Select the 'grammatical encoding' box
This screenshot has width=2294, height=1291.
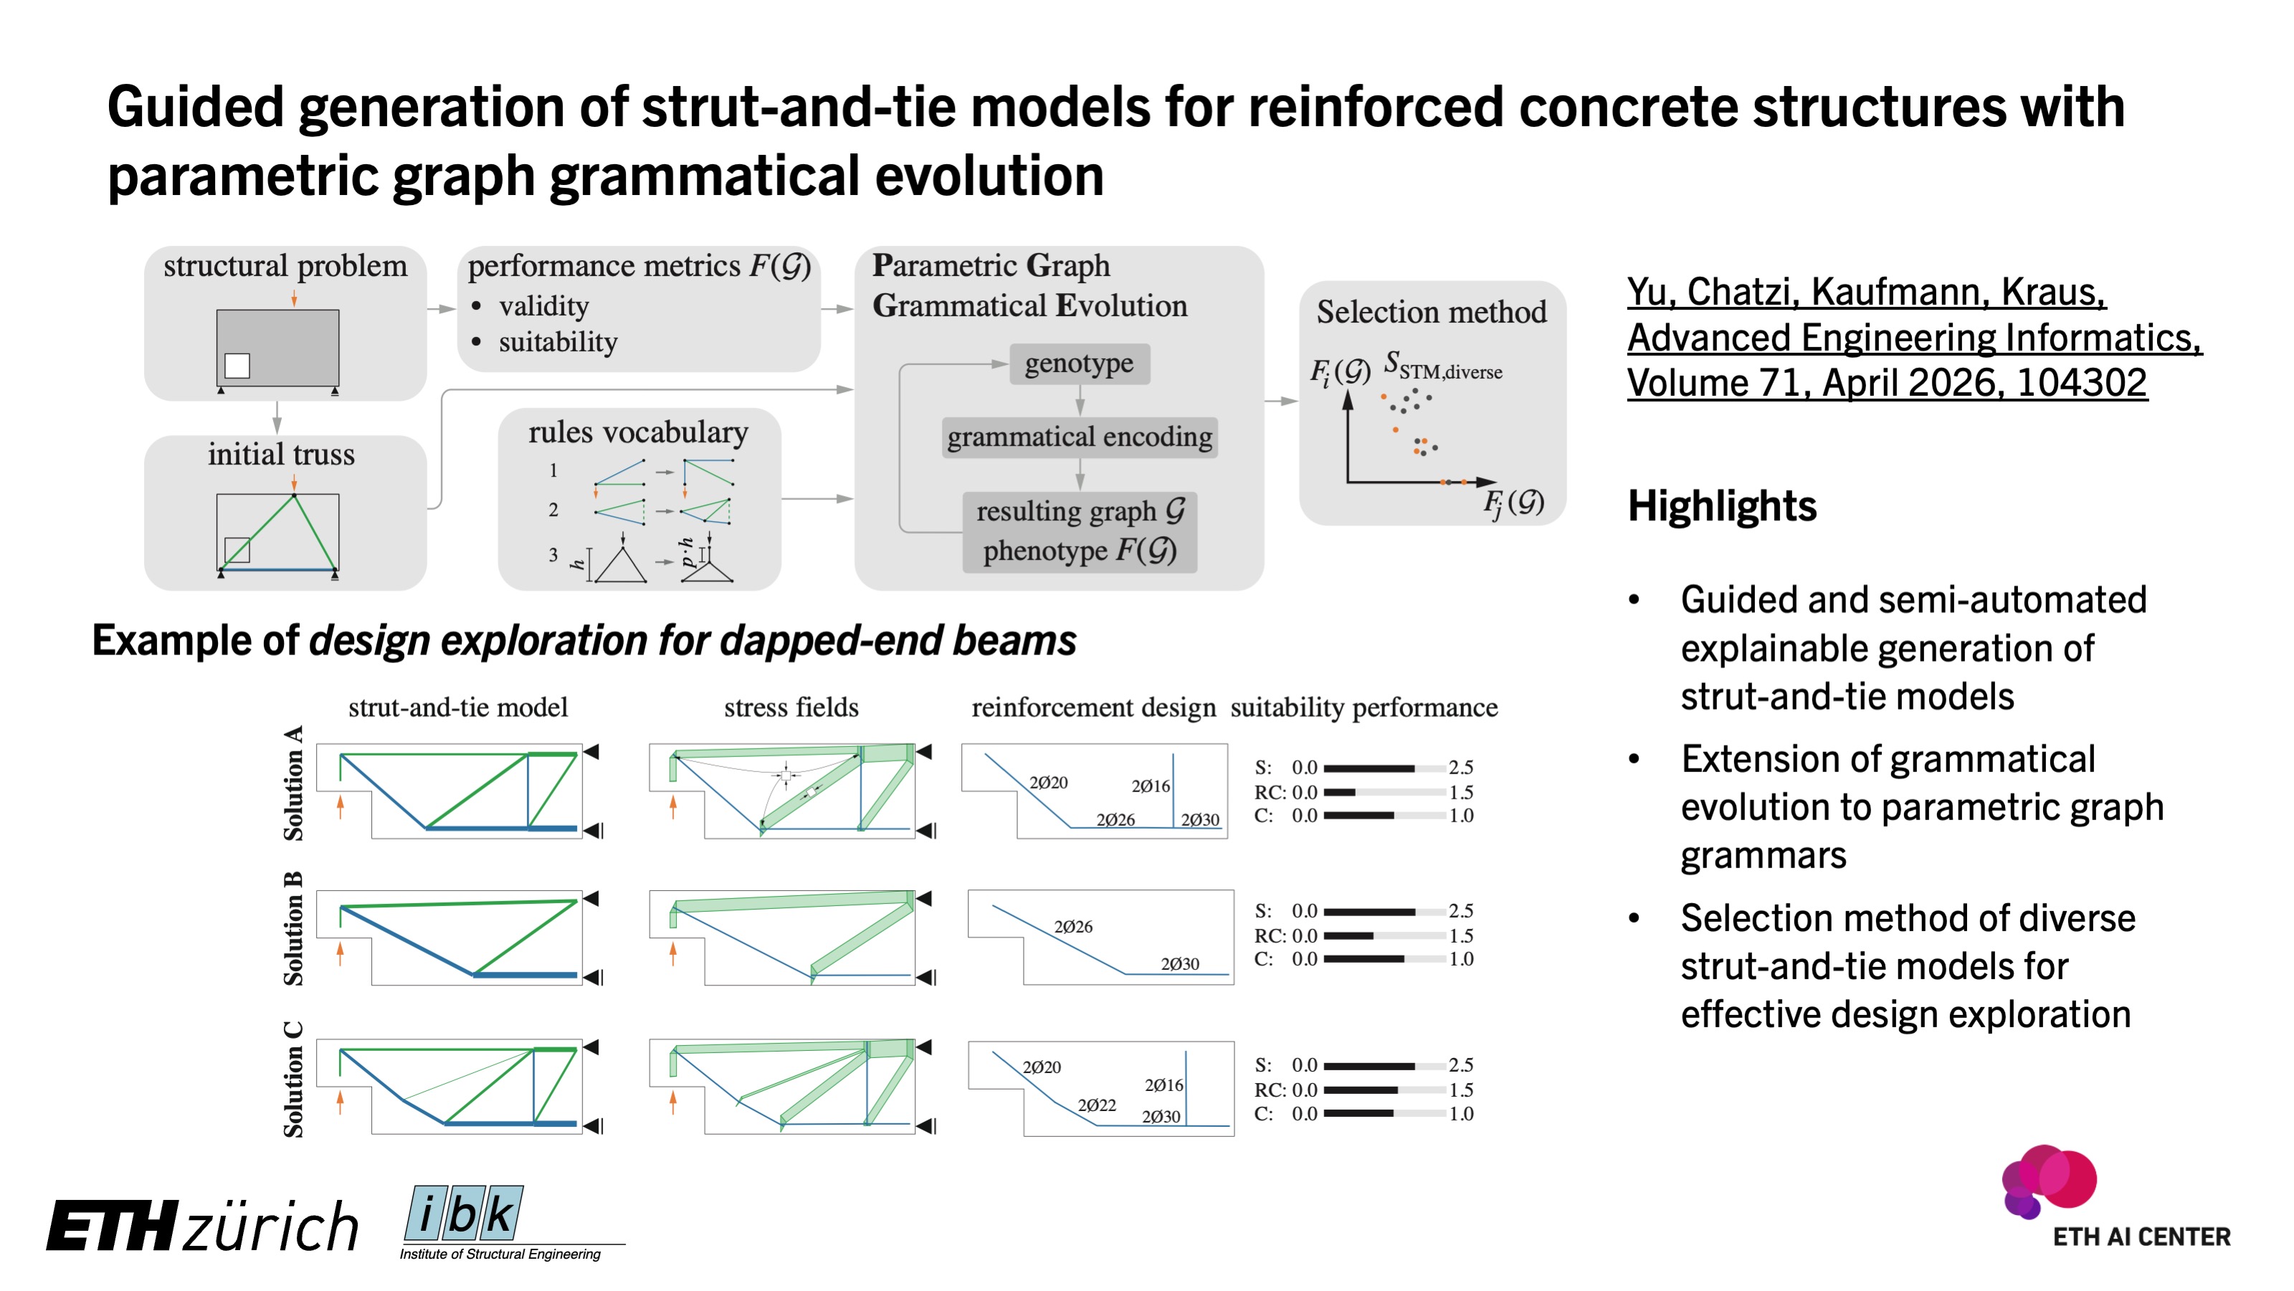coord(1080,437)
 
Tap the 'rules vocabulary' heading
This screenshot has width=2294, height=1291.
coord(637,433)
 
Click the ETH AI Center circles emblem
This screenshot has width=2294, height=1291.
coord(2048,1180)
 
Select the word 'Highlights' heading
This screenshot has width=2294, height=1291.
coord(1721,505)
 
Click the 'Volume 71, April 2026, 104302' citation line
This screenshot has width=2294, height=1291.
coord(1886,384)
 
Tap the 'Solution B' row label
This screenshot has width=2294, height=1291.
coord(293,928)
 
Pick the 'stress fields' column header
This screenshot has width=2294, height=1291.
coord(791,708)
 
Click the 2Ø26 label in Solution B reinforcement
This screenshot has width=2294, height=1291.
coord(1072,927)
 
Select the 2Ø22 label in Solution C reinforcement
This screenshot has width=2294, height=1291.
coord(1096,1105)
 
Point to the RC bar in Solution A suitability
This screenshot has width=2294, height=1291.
coord(1384,792)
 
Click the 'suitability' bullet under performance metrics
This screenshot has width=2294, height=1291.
coord(558,343)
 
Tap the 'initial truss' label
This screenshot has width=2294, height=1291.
coord(282,455)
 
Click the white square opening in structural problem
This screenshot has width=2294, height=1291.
coord(237,365)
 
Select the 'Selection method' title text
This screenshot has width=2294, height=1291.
coord(1431,313)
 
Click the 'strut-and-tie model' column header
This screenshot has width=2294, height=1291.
coord(458,708)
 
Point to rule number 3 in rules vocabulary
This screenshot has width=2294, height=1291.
coord(553,556)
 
